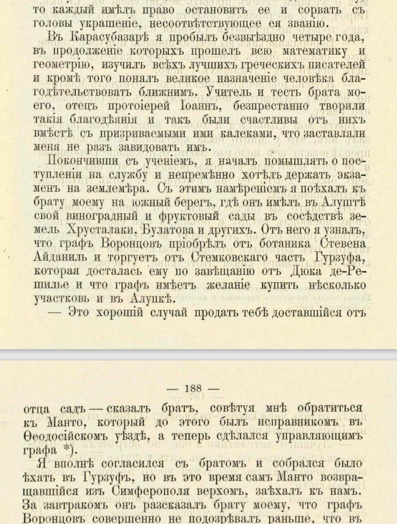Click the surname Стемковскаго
coord(227,258)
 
